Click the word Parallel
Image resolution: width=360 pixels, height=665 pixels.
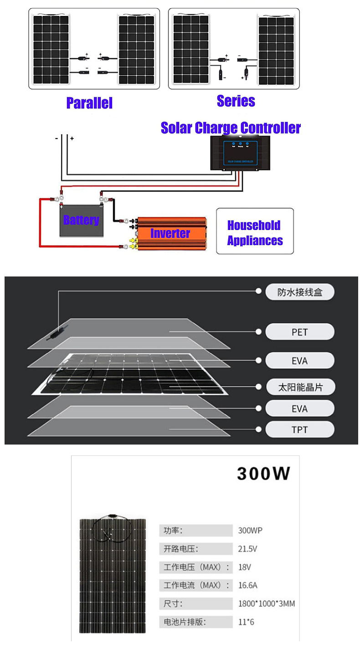89,102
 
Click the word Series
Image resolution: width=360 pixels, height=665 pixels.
236,101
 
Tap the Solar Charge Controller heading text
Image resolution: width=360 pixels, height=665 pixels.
231,128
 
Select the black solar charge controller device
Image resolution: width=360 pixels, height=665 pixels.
240,153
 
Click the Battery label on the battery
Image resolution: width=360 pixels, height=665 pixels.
81,220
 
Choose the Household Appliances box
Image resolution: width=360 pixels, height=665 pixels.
255,231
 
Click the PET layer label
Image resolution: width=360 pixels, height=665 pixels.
299,332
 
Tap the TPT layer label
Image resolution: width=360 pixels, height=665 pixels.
299,430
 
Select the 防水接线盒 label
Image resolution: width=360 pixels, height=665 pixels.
299,292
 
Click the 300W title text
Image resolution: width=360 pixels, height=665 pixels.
263,474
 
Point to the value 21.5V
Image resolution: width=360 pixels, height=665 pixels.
247,549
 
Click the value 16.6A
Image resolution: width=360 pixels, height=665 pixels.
247,585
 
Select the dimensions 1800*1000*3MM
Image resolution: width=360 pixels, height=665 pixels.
267,604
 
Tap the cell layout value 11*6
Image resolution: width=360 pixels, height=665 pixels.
246,622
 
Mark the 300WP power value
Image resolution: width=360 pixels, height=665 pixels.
250,531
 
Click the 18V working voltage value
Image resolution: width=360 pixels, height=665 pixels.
245,567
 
